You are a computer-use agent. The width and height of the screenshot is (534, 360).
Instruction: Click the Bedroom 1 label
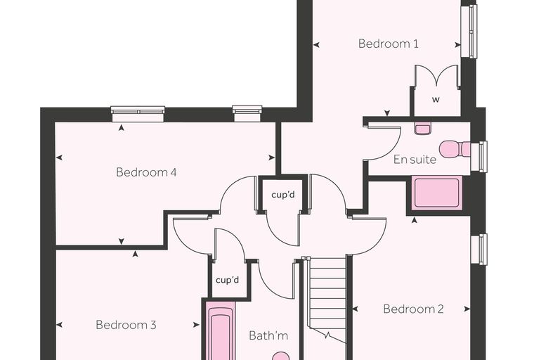pyautogui.click(x=389, y=44)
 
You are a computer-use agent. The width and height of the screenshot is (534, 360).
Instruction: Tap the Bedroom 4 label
pyautogui.click(x=146, y=172)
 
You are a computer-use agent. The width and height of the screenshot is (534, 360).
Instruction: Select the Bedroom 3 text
pyautogui.click(x=126, y=325)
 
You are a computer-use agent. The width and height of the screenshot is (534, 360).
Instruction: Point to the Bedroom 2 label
pyautogui.click(x=413, y=309)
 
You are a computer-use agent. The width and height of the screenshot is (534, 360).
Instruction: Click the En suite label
pyautogui.click(x=415, y=160)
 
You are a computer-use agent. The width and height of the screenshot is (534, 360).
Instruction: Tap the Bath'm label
pyautogui.click(x=268, y=335)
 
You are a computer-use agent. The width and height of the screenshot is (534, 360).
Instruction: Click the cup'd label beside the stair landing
pyautogui.click(x=283, y=195)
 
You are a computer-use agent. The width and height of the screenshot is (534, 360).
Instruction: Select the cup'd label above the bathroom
pyautogui.click(x=227, y=281)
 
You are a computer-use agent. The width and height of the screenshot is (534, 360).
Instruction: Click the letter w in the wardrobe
pyautogui.click(x=436, y=100)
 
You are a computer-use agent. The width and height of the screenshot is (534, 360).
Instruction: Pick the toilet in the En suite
pyautogui.click(x=455, y=149)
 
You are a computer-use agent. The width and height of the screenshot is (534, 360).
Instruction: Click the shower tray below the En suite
pyautogui.click(x=437, y=193)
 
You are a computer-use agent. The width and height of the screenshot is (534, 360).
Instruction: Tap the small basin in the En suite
pyautogui.click(x=423, y=128)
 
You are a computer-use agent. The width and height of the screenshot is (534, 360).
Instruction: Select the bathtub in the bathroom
pyautogui.click(x=221, y=330)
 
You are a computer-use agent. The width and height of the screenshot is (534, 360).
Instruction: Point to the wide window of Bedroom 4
pyautogui.click(x=138, y=114)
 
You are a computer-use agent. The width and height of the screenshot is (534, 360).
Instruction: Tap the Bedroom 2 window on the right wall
pyautogui.click(x=478, y=249)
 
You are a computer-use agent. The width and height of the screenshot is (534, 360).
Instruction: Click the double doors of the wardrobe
pyautogui.click(x=436, y=77)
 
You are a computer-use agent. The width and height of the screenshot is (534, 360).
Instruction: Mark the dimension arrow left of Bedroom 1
pyautogui.click(x=316, y=45)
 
